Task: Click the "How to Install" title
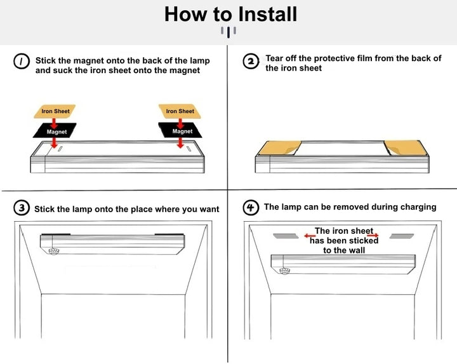point(230,14)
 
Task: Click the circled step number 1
point(22,61)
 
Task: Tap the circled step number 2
point(251,61)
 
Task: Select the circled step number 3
point(22,208)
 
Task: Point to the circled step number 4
point(251,207)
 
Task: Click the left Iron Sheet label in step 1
point(55,111)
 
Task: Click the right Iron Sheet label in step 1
point(180,111)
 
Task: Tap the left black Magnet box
point(56,131)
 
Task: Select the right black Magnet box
point(182,131)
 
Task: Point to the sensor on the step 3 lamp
point(54,251)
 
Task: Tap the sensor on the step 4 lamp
point(284,271)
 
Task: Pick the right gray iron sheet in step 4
point(401,236)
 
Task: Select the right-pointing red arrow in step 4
point(373,235)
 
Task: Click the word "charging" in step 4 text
point(416,207)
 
